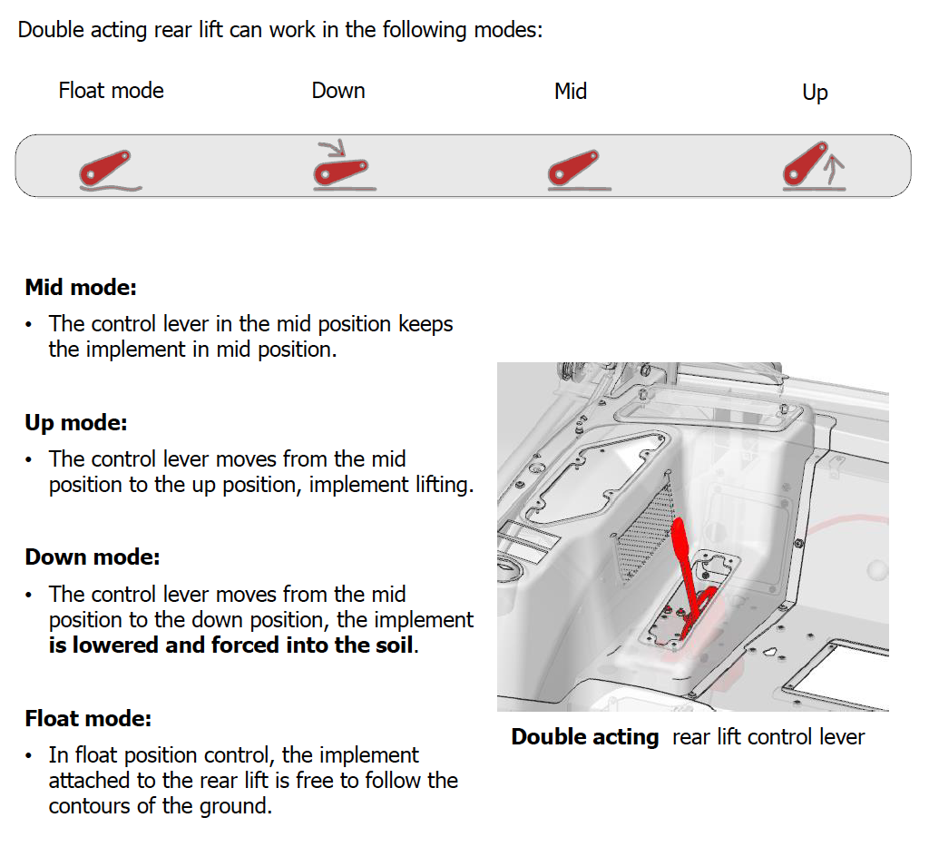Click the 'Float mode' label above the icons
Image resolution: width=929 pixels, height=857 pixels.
tap(111, 91)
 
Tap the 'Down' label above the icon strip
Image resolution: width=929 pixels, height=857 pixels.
tap(338, 91)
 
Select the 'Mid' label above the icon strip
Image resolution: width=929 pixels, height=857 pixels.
tap(571, 92)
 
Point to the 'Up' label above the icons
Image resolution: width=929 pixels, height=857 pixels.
tap(815, 93)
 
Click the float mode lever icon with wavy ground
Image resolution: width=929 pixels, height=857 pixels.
tap(110, 170)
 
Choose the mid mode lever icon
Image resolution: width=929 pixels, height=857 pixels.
tap(578, 170)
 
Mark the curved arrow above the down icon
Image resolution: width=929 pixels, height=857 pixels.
tap(334, 147)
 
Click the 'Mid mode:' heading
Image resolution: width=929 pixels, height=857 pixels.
tap(81, 288)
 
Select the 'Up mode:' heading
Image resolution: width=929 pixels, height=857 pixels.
tap(76, 422)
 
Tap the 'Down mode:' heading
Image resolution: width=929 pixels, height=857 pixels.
tap(93, 557)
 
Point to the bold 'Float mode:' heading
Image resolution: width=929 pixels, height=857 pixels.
tap(88, 718)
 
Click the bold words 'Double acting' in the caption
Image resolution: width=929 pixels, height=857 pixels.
tap(585, 736)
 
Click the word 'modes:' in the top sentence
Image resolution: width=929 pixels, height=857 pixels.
tap(508, 30)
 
